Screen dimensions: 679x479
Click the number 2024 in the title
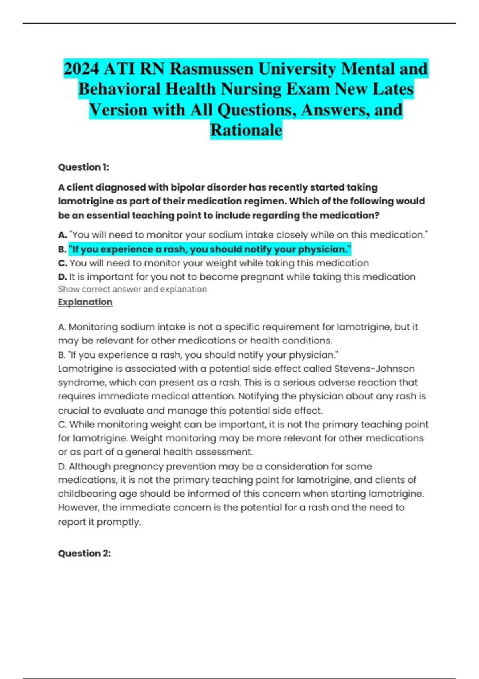81,69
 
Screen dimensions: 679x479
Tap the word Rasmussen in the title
212,69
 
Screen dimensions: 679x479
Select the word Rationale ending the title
246,130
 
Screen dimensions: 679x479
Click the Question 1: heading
83,167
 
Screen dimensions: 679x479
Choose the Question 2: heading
84,553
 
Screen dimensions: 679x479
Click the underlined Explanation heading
85,302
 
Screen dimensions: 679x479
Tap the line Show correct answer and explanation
132,289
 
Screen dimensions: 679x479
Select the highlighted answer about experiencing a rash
210,250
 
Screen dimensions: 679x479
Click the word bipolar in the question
186,187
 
